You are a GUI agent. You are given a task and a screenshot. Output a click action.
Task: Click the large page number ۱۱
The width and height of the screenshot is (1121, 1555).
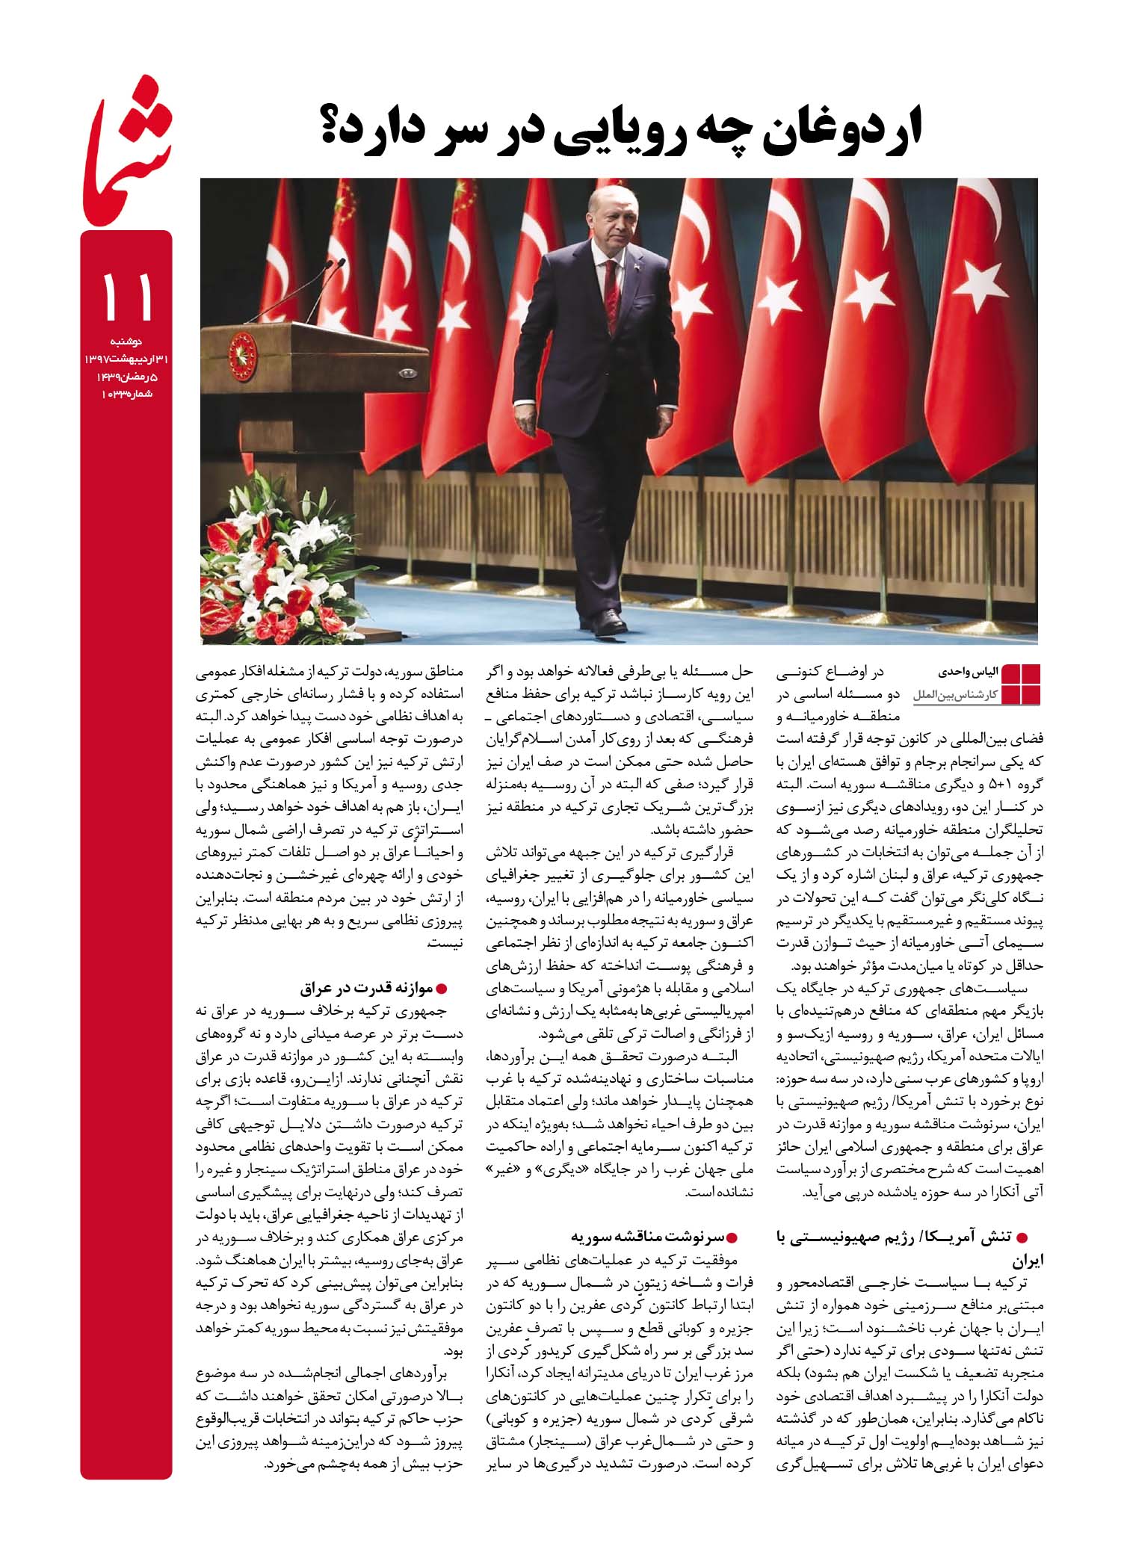click(x=126, y=295)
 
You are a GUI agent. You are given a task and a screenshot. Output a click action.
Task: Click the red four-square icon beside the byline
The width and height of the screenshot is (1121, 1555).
click(x=1020, y=683)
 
